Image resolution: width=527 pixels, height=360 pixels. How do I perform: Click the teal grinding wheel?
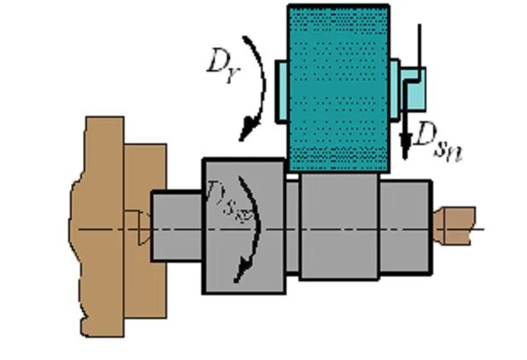pos(339,85)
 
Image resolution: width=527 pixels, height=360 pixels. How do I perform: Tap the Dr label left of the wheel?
pos(220,64)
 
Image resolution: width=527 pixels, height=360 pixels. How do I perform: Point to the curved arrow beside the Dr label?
pos(256,85)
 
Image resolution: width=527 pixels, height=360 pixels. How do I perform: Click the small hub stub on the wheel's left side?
pos(282,89)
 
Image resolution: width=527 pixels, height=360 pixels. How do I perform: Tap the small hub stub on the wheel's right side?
pos(394,84)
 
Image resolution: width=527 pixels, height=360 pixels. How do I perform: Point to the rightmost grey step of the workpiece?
pos(407,226)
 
